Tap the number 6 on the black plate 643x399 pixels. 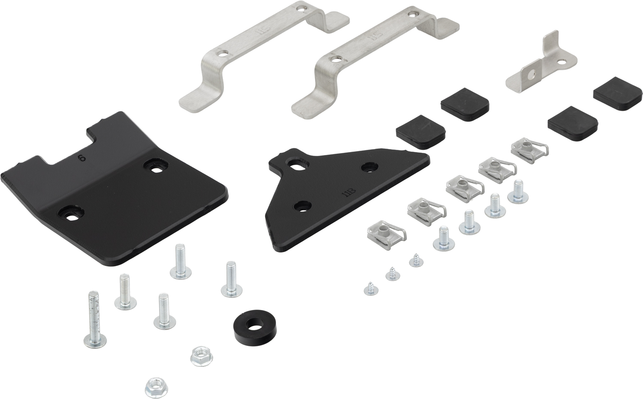[81, 158]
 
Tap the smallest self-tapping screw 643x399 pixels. [368, 289]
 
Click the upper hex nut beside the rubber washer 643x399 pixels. [198, 354]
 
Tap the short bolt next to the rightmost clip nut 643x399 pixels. [515, 192]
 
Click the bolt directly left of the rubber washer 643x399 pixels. [163, 312]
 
